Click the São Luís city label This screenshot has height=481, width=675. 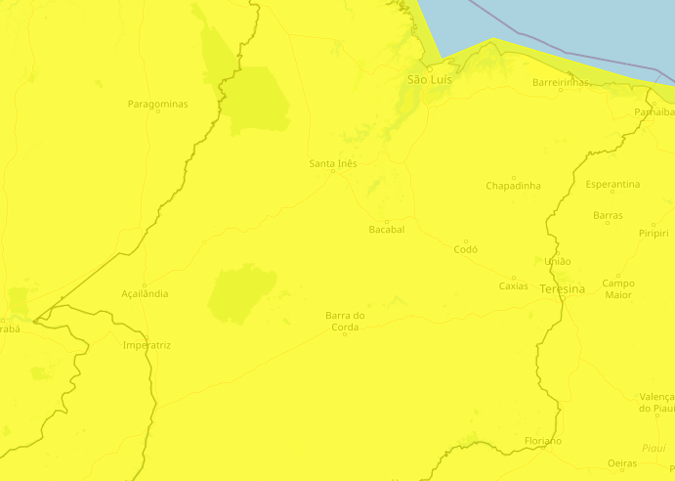pos(429,78)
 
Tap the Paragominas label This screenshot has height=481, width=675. pos(157,104)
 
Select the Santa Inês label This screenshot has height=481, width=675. pos(332,163)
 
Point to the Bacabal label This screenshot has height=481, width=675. pos(387,230)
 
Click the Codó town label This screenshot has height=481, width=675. pos(466,249)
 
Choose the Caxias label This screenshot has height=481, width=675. pos(513,286)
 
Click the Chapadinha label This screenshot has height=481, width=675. pos(513,186)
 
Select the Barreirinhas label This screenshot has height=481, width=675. pos(562,83)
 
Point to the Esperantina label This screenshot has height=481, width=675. pos(612,184)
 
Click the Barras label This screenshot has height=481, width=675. pos(608,215)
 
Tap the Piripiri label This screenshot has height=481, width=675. pos(654,233)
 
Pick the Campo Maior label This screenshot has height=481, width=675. pos(617,288)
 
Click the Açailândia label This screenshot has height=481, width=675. pos(145,293)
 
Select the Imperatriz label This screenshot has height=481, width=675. pos(148,345)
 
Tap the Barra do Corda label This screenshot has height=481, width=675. pos(345,321)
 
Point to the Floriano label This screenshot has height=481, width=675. pos(542,441)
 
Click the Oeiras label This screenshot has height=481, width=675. pos(621,463)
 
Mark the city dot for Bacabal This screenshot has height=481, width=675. pos(387,221)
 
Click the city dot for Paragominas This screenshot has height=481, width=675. pos(158,111)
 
